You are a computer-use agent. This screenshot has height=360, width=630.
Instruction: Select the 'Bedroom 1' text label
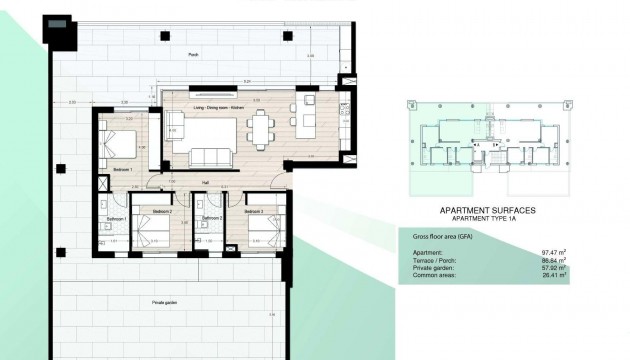(123, 170)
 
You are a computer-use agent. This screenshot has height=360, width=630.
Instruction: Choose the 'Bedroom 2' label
(163, 212)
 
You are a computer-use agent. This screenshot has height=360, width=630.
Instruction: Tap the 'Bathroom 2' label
(211, 216)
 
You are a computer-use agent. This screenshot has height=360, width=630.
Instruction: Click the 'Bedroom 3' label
(254, 212)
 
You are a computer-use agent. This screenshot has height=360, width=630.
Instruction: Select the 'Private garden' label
(165, 300)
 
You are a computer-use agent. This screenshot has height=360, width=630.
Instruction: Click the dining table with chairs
(262, 128)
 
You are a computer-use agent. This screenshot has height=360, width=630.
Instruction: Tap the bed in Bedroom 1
(118, 144)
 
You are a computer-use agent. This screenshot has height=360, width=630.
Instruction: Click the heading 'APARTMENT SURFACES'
(488, 210)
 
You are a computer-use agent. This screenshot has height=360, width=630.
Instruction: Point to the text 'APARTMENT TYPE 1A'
(488, 218)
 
